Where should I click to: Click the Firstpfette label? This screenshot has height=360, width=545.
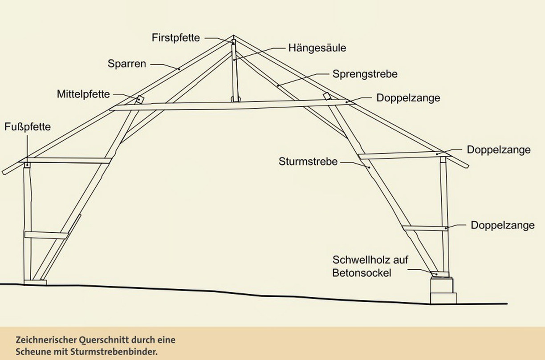coord(176,38)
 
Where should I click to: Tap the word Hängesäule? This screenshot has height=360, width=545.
coord(317,48)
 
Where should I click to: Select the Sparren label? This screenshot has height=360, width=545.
coord(127,64)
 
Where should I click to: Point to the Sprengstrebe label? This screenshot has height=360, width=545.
coord(365,74)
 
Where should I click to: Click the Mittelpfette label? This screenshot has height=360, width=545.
coord(83,94)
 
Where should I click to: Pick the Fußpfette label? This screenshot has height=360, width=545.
coord(28,127)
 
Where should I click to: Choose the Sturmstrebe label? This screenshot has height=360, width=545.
coord(308,162)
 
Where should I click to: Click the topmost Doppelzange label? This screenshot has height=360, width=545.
coord(408,98)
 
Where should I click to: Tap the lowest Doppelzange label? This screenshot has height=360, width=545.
coord(503,225)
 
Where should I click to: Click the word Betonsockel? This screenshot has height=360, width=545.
coord(362,273)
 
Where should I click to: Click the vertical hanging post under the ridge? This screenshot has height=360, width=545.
coord(234,70)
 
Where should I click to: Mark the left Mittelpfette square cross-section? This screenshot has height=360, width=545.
coord(140,99)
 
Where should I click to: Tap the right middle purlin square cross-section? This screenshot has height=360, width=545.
coord(327,96)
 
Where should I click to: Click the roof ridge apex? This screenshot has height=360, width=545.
coord(233,36)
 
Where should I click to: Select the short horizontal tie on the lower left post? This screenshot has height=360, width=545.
coord(46,235)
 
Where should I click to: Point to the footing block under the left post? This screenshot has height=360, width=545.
coord(35,282)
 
